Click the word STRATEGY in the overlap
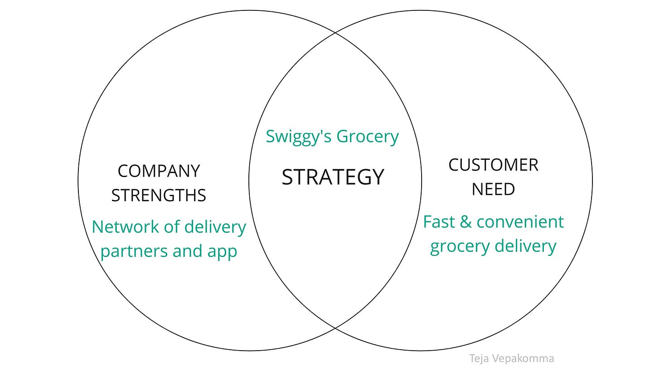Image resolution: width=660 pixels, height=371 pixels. click(x=333, y=177)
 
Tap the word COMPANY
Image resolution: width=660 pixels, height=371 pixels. click(x=159, y=171)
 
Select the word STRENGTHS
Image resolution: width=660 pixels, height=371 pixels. click(x=159, y=196)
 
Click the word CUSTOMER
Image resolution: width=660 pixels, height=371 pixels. click(x=493, y=165)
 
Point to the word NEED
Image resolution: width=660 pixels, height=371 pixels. click(x=493, y=189)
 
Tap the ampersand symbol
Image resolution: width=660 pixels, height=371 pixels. click(x=463, y=222)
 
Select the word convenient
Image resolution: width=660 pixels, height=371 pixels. click(x=520, y=222)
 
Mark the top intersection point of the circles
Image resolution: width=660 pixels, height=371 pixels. click(x=335, y=33)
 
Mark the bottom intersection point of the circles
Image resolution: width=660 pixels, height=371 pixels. click(x=335, y=328)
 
